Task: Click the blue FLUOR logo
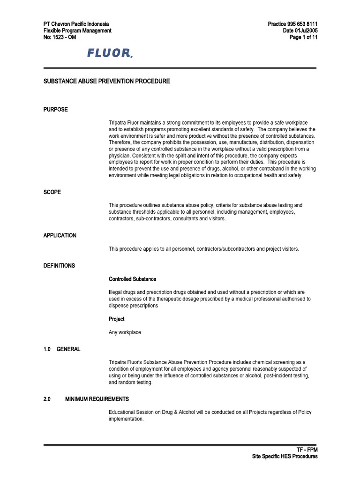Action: pyautogui.click(x=110, y=53)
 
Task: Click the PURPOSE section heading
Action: pyautogui.click(x=55, y=109)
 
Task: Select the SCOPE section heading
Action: pyautogui.click(x=52, y=192)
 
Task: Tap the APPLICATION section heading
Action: pyautogui.click(x=60, y=235)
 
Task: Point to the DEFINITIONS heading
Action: pyautogui.click(x=59, y=265)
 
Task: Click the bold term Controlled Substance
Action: pyautogui.click(x=133, y=279)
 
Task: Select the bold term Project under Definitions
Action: pyautogui.click(x=117, y=319)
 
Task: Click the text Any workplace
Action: pyautogui.click(x=125, y=332)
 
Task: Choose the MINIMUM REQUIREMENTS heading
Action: pyautogui.click(x=97, y=399)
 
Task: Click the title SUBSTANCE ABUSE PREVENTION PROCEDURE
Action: pyautogui.click(x=106, y=81)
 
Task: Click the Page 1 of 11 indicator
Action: pyautogui.click(x=304, y=37)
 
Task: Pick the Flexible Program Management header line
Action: pyautogui.click(x=77, y=30)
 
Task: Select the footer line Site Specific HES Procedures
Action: pyautogui.click(x=285, y=456)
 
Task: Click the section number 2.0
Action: pyautogui.click(x=47, y=399)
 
